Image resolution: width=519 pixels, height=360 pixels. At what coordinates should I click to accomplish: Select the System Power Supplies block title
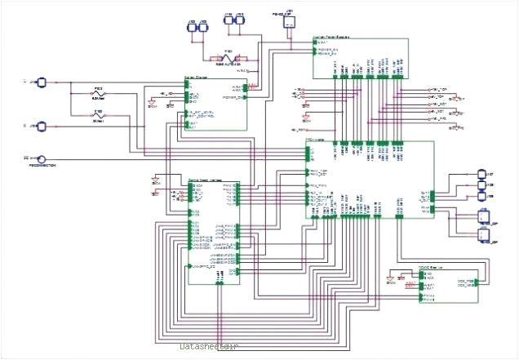(335, 38)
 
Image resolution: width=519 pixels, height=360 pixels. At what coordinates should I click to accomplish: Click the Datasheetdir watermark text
(209, 347)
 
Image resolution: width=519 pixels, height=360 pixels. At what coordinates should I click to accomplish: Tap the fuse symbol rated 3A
(98, 117)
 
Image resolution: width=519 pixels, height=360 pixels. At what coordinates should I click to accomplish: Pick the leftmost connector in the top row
(193, 27)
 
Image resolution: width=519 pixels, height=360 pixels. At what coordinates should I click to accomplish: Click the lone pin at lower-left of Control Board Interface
(191, 267)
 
